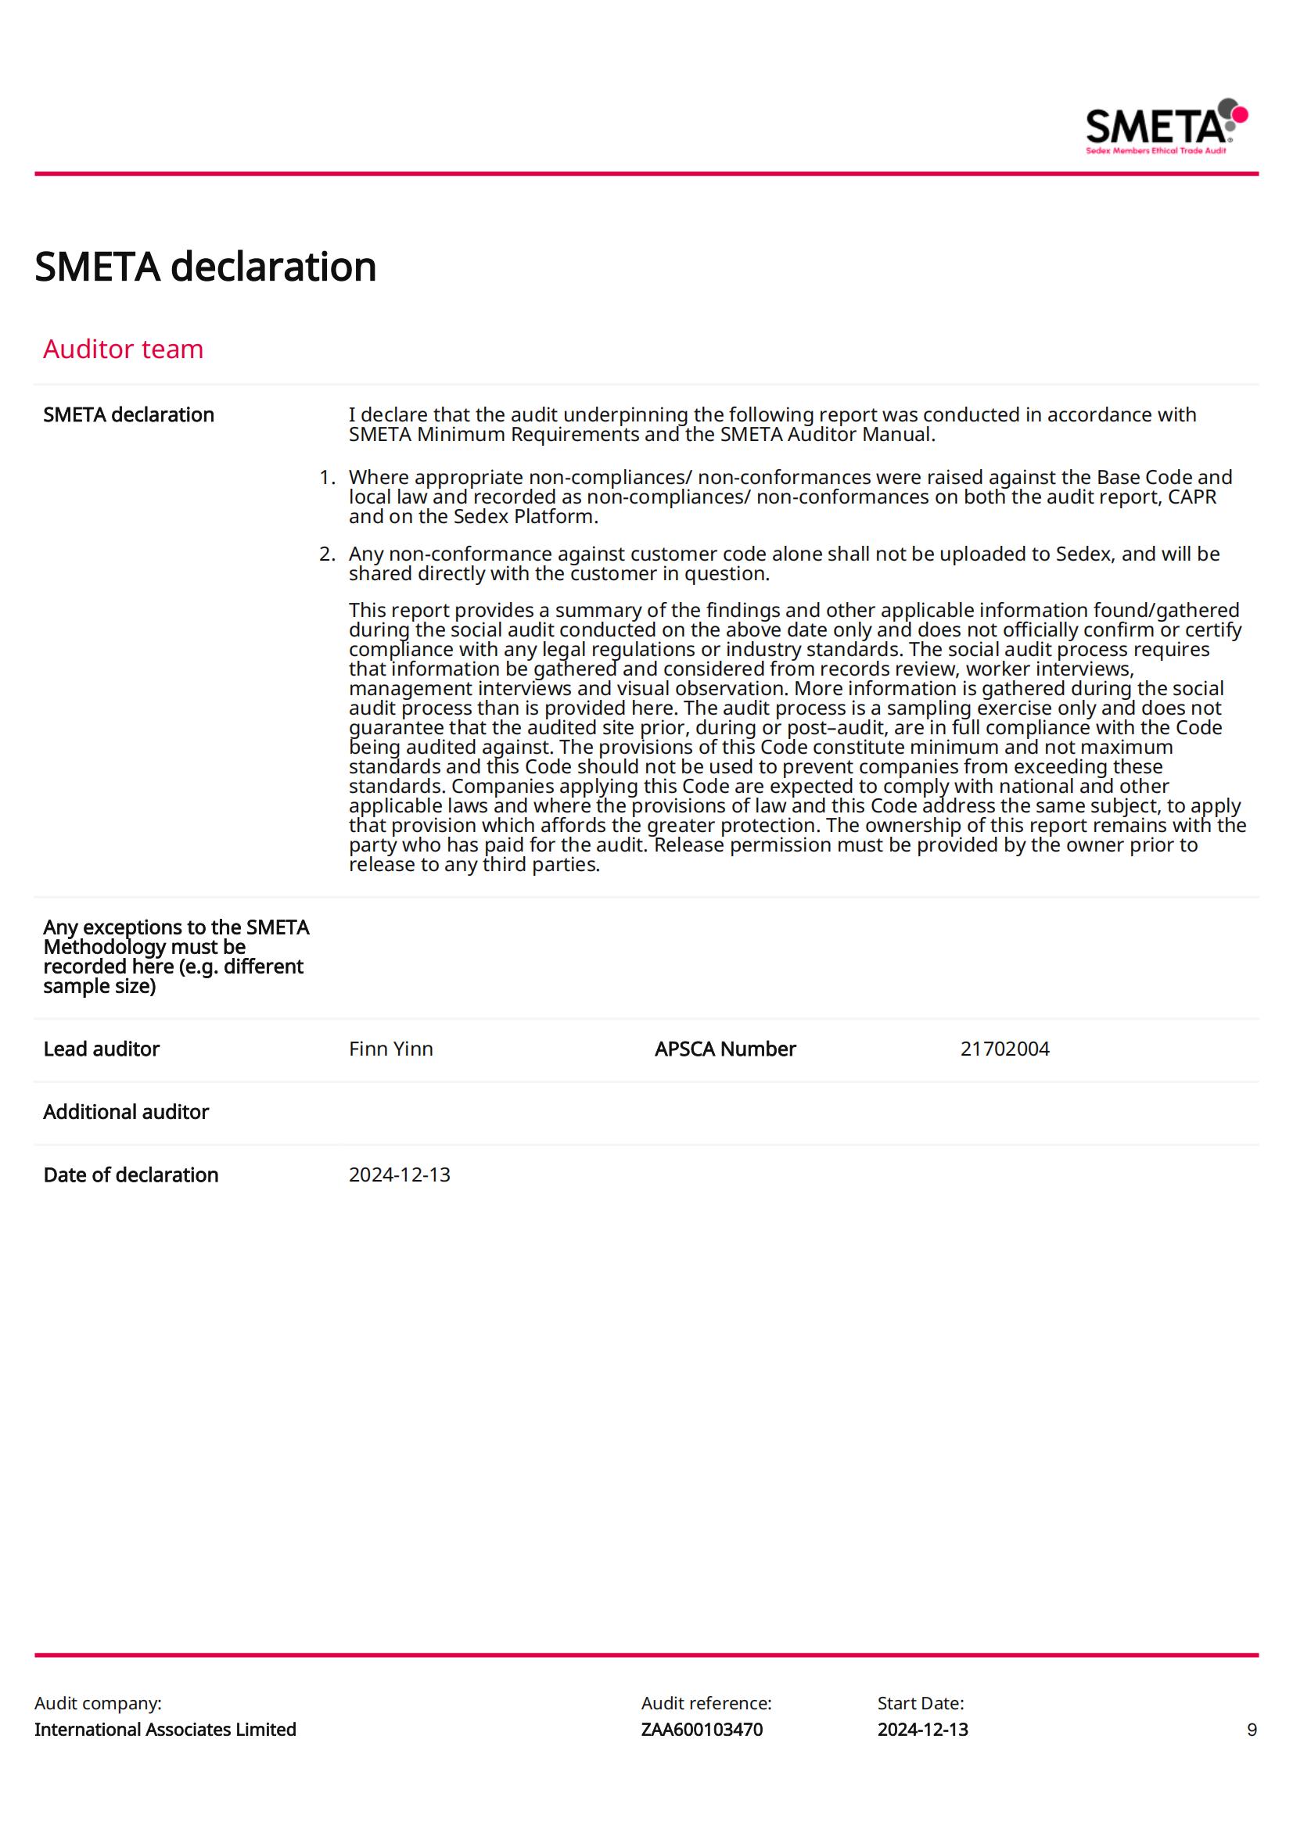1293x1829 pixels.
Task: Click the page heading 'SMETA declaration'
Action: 206,267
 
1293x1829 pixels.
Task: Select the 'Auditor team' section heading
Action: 124,349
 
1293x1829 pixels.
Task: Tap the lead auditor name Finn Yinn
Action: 390,1049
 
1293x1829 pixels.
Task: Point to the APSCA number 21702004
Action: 1004,1049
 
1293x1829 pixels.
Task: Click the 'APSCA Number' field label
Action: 724,1049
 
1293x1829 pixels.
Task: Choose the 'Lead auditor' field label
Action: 101,1049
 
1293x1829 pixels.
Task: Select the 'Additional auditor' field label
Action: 126,1112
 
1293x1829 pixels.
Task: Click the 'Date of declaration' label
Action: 131,1175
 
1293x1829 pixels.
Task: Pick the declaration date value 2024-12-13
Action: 399,1175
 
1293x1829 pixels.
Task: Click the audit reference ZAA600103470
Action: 701,1730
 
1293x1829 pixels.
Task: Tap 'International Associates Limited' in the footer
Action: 165,1730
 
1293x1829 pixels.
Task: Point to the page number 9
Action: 1252,1730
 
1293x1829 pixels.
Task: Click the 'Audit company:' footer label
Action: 98,1703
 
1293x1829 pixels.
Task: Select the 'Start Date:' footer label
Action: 920,1703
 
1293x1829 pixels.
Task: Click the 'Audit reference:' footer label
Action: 706,1703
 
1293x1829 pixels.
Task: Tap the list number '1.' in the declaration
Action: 328,477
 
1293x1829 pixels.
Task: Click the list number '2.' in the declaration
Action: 328,554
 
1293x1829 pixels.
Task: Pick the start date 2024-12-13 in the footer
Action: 922,1730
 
